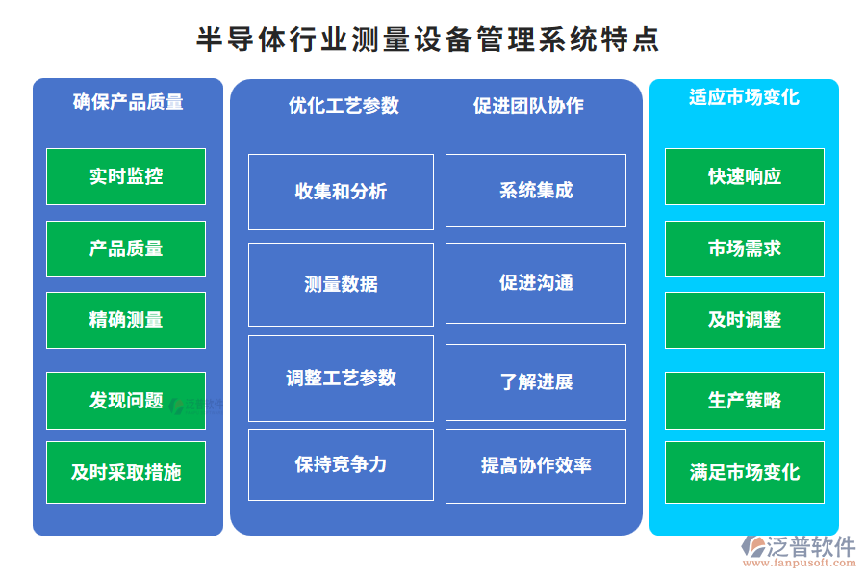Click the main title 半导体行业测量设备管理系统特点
[x=428, y=39]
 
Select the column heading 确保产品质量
[x=128, y=102]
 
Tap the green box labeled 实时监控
[x=126, y=176]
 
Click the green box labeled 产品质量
[x=126, y=249]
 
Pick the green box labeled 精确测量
[x=126, y=320]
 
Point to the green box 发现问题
[x=126, y=401]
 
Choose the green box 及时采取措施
[x=126, y=472]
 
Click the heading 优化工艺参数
[x=344, y=105]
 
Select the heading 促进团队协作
[x=528, y=105]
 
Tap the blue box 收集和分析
[x=341, y=192]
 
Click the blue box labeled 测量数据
[x=341, y=284]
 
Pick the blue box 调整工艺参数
[x=341, y=379]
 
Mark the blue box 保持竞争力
[x=341, y=464]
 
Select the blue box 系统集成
[x=536, y=191]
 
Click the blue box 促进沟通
[x=536, y=282]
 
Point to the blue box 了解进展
[x=536, y=382]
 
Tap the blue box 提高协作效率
[x=536, y=465]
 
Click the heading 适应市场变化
[x=744, y=97]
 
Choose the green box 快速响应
[x=745, y=176]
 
